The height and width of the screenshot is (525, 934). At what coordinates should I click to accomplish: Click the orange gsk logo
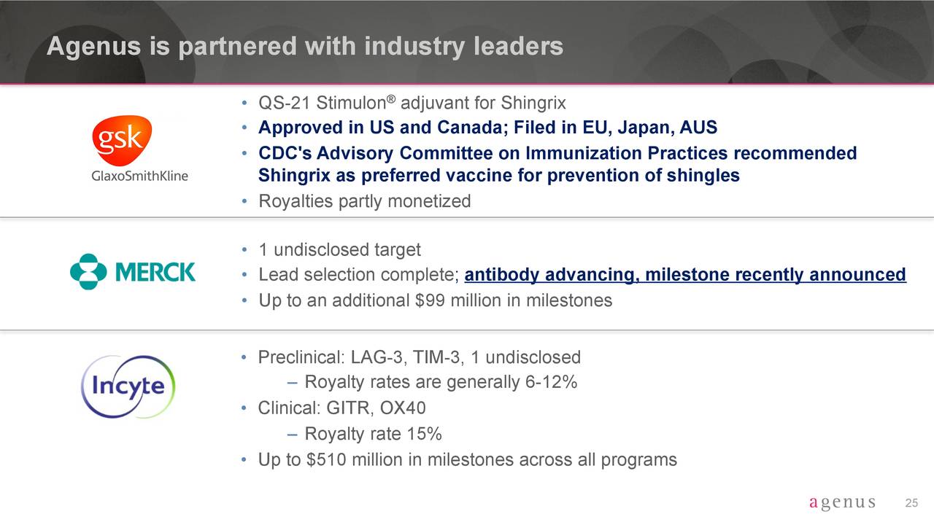pos(122,141)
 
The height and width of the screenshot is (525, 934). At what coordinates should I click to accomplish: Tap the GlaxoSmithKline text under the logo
pos(139,176)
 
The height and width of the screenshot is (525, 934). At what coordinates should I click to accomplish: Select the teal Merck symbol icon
pos(88,272)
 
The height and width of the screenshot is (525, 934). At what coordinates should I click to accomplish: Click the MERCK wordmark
pos(155,272)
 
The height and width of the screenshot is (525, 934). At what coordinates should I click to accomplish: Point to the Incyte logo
pos(128,386)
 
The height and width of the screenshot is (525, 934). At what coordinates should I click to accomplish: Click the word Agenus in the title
pos(94,47)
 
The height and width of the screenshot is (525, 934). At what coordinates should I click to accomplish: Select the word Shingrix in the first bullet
pos(533,104)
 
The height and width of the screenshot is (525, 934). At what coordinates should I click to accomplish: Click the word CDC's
pos(285,153)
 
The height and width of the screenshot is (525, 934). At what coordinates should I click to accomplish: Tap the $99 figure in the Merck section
pos(430,300)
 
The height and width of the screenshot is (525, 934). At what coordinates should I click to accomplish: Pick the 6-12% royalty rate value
pos(551,382)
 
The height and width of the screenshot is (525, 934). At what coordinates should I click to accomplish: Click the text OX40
pos(402,408)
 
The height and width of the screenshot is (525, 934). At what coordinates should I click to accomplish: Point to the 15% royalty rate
pos(424,434)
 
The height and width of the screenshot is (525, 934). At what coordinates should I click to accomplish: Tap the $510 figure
pos(326,459)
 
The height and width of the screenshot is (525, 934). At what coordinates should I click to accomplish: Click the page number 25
pos(911,503)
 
